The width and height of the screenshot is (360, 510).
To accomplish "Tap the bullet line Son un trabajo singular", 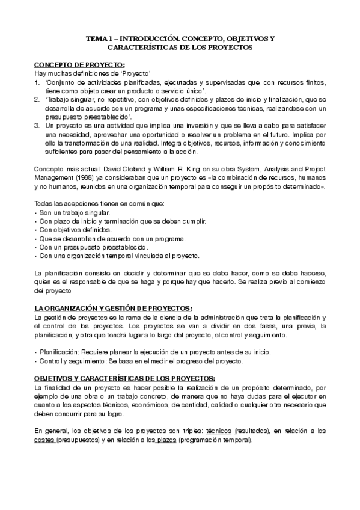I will (73, 213).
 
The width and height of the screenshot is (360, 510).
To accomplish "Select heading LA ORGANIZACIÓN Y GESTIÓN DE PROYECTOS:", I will (113, 308).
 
